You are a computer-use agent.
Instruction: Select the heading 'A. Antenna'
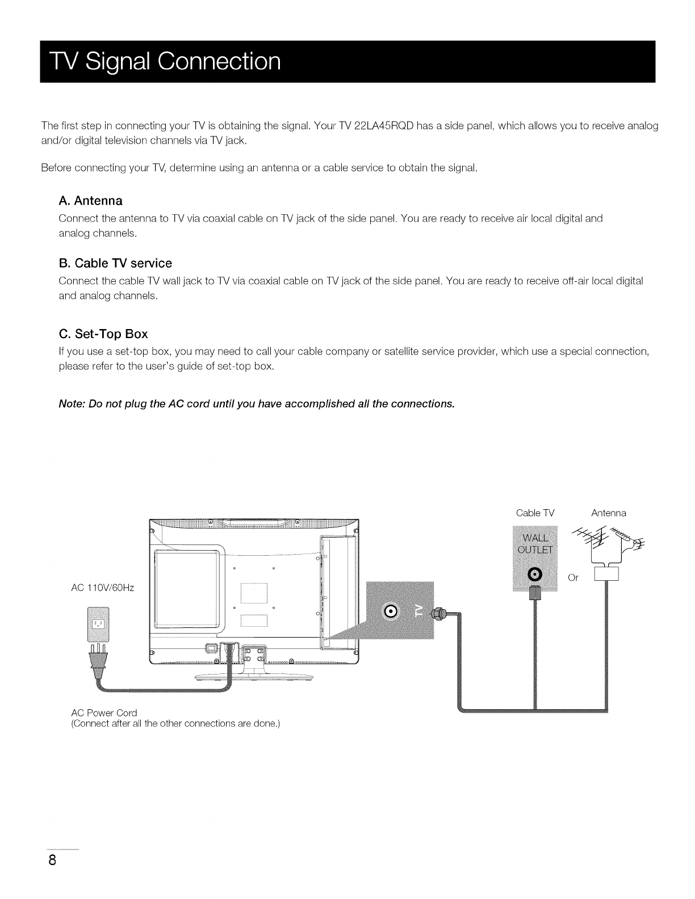point(90,201)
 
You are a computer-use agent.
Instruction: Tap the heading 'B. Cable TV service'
point(115,263)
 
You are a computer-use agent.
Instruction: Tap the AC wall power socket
point(99,625)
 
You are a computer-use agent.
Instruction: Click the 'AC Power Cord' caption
point(104,713)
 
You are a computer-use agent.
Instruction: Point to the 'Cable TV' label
point(534,513)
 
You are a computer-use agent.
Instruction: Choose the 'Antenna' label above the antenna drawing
point(608,513)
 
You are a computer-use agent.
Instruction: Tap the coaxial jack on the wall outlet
point(536,575)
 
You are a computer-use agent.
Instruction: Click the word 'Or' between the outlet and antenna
point(573,578)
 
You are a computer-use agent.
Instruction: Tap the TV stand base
point(254,677)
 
